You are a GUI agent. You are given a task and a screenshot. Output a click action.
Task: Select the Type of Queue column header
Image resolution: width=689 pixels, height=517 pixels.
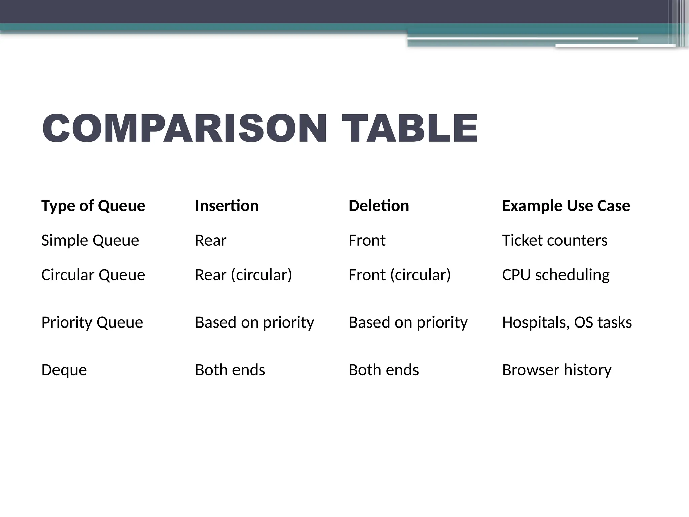(x=93, y=206)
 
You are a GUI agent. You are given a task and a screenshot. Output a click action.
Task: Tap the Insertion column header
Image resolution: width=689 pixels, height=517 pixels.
(x=227, y=206)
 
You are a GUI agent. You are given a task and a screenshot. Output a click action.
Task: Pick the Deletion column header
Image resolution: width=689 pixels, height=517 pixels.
(x=379, y=206)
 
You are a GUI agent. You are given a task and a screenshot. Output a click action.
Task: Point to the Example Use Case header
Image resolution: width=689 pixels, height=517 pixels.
(x=566, y=206)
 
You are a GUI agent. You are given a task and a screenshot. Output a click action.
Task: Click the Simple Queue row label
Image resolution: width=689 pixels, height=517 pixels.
(x=90, y=240)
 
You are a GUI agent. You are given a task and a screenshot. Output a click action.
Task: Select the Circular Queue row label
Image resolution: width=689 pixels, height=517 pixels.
(x=93, y=275)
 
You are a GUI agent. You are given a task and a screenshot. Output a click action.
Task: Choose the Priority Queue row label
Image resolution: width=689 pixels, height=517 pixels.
(x=92, y=322)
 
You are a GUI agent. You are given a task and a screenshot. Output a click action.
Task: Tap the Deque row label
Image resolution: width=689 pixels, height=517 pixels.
(x=64, y=370)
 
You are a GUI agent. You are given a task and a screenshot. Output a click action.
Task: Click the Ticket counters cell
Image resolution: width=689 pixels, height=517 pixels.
(x=555, y=240)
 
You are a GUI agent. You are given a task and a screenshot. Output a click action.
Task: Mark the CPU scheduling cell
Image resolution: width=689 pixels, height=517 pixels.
(x=556, y=275)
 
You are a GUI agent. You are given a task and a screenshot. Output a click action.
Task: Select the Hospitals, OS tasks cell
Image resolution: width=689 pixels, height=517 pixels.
(x=567, y=322)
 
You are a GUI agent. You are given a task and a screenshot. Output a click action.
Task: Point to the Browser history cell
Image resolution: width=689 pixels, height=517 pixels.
(x=557, y=370)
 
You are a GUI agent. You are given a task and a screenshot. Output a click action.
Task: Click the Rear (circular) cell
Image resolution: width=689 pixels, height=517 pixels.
(x=244, y=275)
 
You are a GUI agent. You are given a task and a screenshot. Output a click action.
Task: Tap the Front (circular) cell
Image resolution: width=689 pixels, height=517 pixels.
(x=400, y=275)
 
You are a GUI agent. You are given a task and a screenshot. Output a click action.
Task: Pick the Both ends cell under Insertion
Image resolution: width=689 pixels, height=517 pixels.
(x=230, y=370)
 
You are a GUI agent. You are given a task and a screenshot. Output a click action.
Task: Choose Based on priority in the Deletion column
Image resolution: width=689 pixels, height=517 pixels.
(x=408, y=322)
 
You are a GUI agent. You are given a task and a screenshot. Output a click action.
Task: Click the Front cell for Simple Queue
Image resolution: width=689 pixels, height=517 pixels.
(x=367, y=240)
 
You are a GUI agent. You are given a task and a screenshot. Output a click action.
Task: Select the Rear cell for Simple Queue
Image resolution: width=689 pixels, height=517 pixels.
(x=211, y=240)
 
